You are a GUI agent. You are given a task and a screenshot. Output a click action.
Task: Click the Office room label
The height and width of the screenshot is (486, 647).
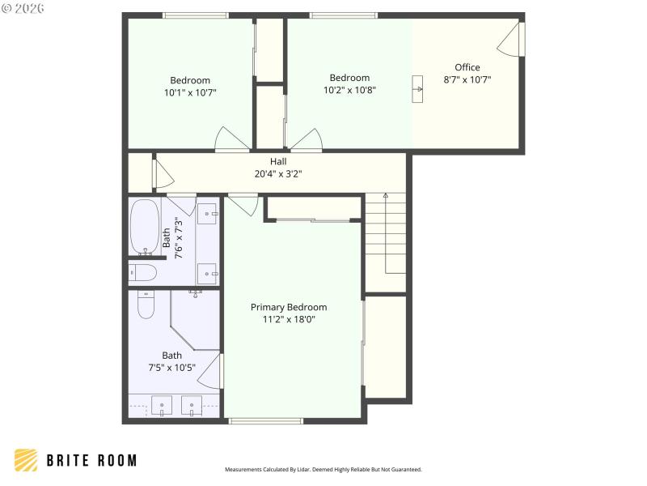click(x=467, y=67)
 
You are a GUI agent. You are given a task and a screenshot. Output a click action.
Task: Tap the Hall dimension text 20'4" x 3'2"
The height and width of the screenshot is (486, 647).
click(x=278, y=173)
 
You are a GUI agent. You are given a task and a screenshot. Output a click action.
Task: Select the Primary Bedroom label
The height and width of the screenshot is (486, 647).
click(x=289, y=307)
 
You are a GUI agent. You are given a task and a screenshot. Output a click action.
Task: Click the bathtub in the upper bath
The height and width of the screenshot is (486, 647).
click(x=146, y=226)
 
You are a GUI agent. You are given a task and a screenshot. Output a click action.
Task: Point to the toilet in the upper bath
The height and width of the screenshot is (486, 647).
click(x=143, y=272)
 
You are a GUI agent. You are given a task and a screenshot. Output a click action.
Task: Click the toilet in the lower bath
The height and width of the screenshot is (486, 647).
click(x=146, y=305)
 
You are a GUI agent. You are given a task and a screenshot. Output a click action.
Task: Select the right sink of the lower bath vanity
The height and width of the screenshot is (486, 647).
click(x=192, y=404)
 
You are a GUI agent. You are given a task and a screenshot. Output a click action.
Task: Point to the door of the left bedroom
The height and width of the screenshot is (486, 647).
click(x=231, y=139)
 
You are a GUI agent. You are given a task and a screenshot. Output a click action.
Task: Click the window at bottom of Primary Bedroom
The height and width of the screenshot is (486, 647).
click(x=265, y=420)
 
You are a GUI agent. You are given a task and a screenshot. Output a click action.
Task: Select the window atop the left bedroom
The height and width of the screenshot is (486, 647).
click(x=195, y=15)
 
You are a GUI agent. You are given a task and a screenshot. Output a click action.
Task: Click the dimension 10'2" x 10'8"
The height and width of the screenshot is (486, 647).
click(x=349, y=91)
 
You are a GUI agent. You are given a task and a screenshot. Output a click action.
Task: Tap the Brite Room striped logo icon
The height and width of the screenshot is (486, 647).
click(x=26, y=460)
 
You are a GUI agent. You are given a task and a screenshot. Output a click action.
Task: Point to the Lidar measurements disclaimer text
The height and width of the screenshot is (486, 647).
click(x=323, y=469)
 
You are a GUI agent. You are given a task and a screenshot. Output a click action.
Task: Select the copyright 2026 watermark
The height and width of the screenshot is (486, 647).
click(x=23, y=8)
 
